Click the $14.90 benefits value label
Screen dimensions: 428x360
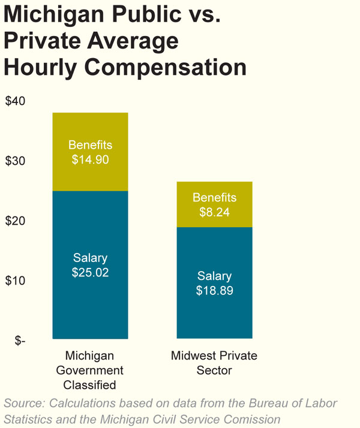click(x=90, y=160)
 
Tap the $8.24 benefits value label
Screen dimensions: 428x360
click(x=214, y=212)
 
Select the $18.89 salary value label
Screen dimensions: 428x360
click(x=214, y=291)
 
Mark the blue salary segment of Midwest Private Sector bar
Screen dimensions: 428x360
click(x=214, y=318)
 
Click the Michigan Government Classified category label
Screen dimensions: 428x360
click(x=90, y=370)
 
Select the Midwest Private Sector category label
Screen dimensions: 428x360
click(x=214, y=363)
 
